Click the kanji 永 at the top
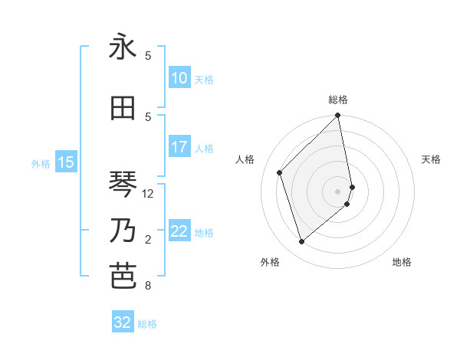(x=123, y=47)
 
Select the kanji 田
(x=123, y=108)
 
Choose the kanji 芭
(x=123, y=277)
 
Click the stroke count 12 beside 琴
(x=148, y=194)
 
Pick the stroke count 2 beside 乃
(x=148, y=240)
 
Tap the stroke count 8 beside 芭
(x=148, y=286)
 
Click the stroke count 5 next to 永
(x=148, y=56)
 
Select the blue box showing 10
(x=179, y=78)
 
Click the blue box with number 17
(x=179, y=147)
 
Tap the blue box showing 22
(x=179, y=231)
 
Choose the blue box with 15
(x=65, y=162)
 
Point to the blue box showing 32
(x=122, y=322)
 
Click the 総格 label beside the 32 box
(x=147, y=324)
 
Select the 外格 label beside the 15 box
(x=41, y=163)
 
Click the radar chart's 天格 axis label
(x=431, y=159)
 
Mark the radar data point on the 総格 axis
(x=338, y=116)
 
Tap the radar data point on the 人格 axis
(x=280, y=172)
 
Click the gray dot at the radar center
(x=338, y=191)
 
